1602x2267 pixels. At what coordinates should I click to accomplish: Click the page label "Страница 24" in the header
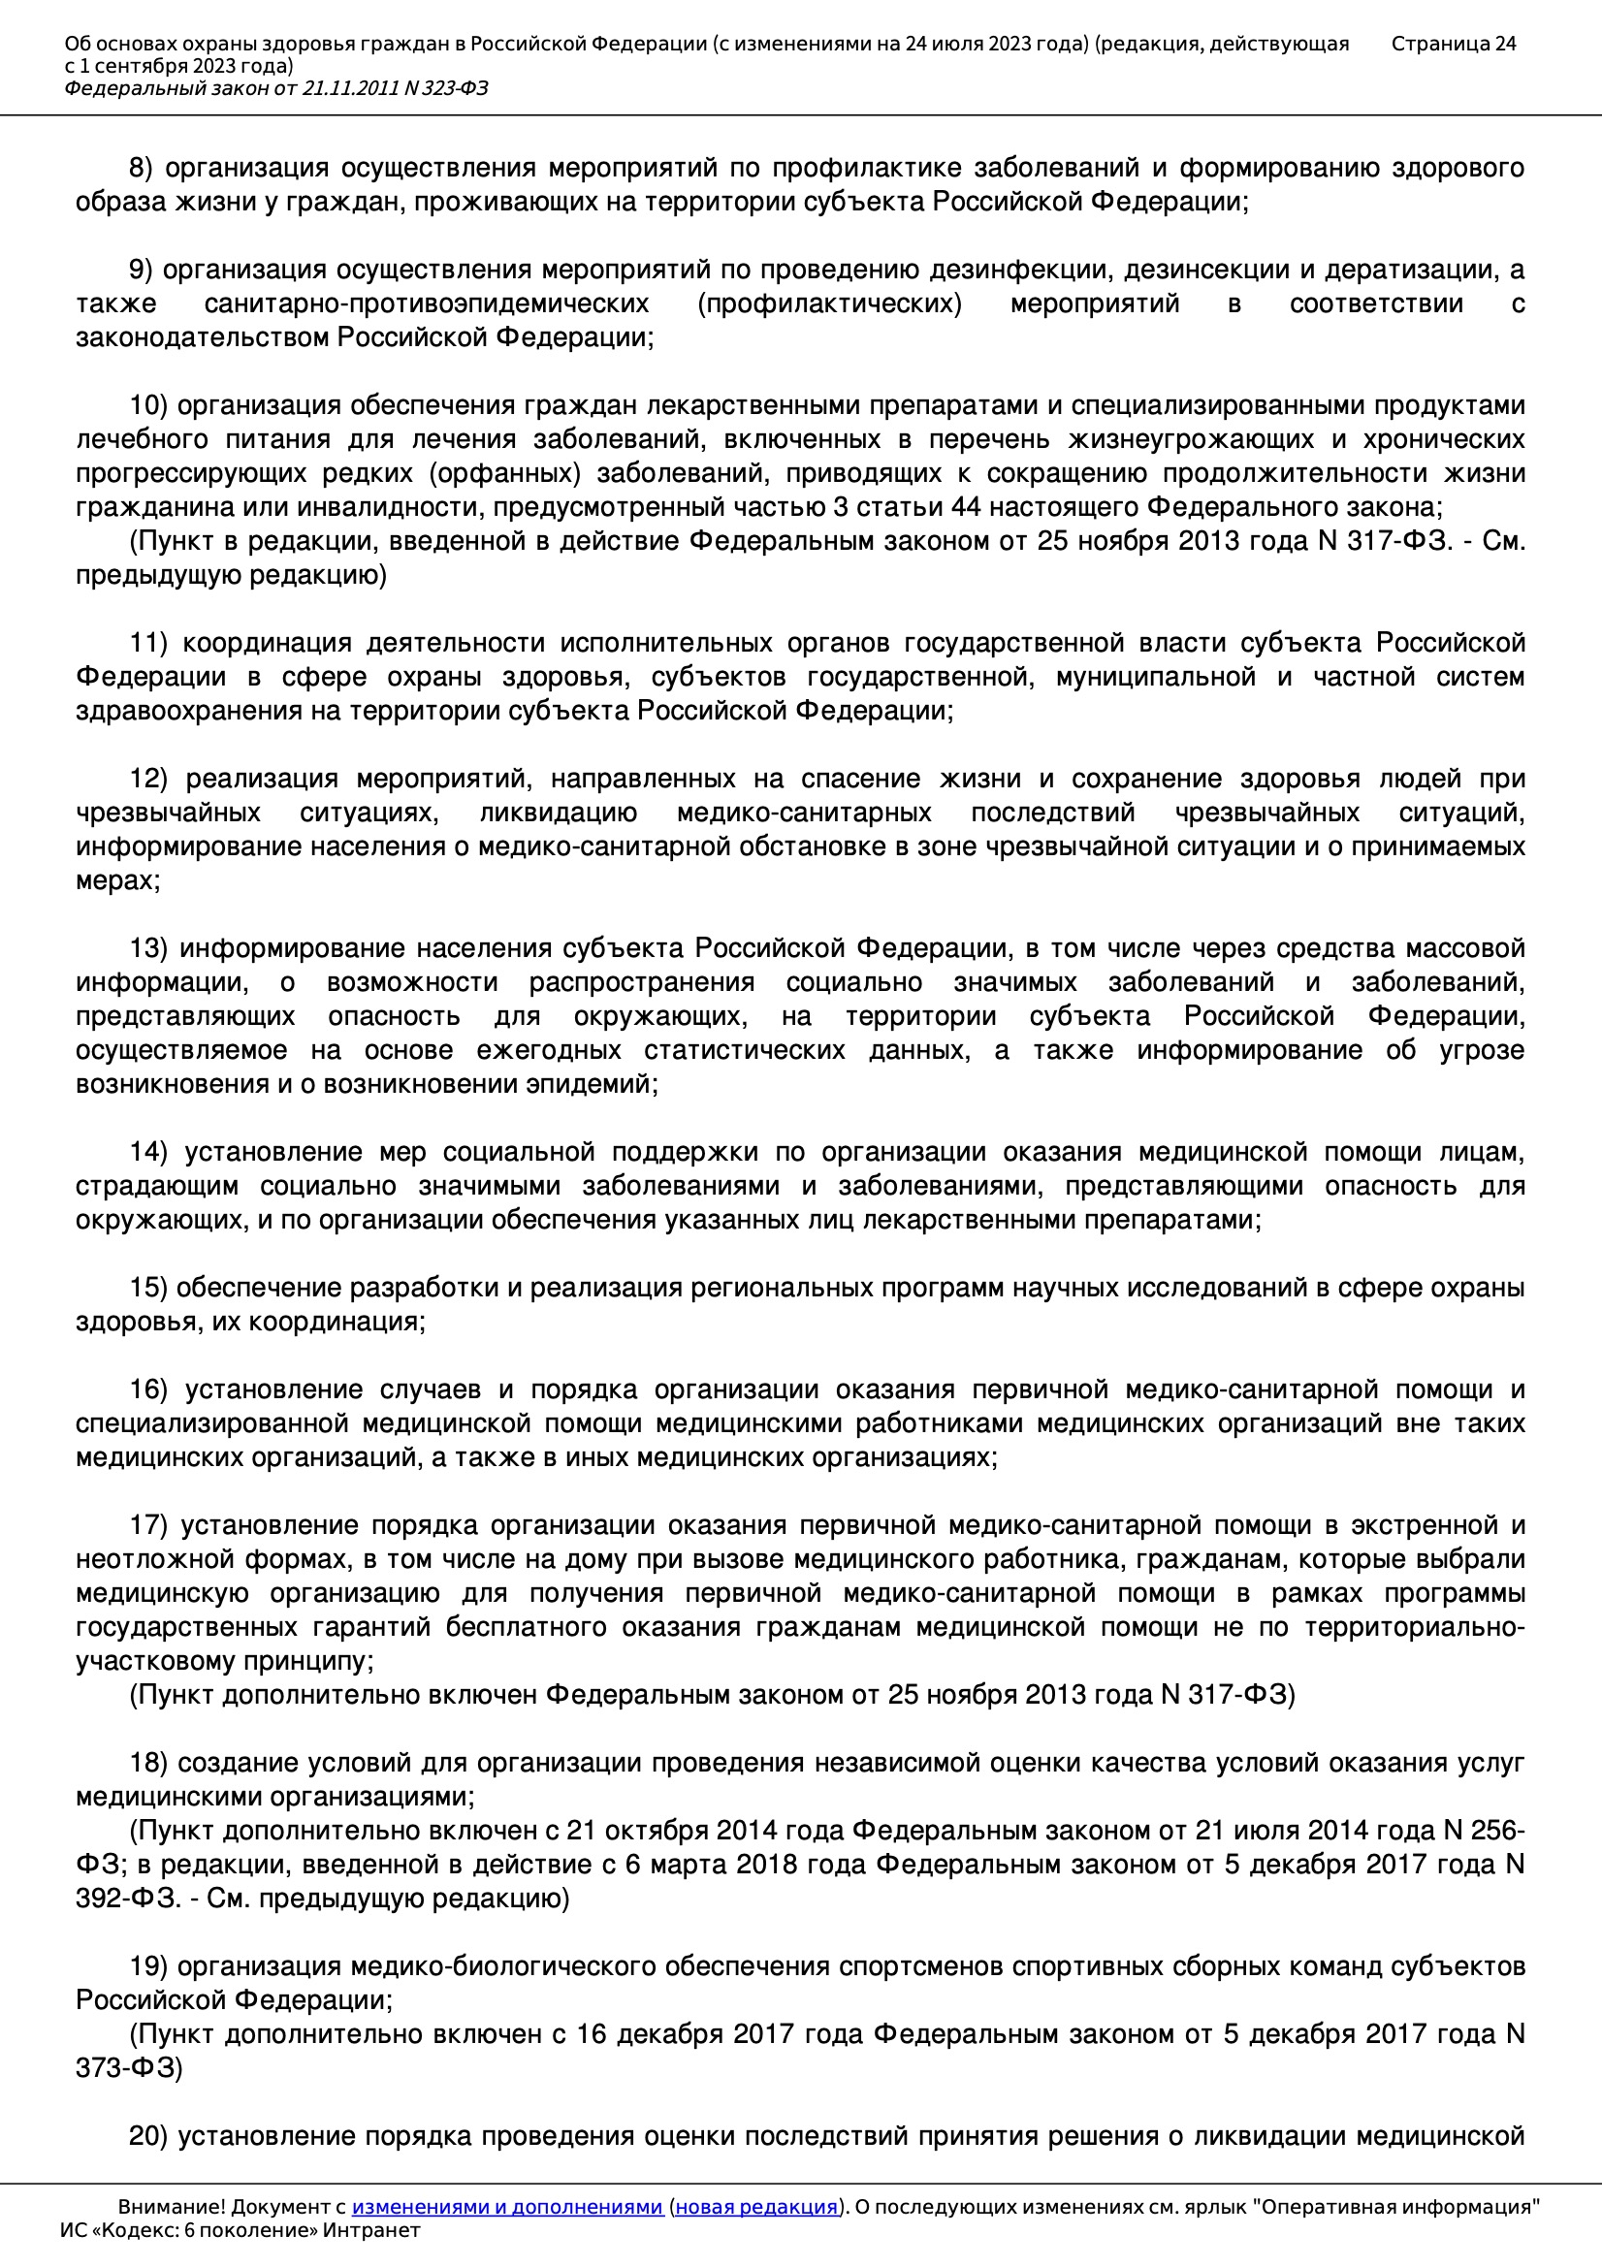pos(1453,44)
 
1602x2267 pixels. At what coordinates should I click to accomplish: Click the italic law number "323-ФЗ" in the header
pos(456,89)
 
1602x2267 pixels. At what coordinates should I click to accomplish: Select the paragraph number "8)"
pos(142,169)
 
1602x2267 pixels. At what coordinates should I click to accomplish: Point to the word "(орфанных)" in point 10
pos(504,474)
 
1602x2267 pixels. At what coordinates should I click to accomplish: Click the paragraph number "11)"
pos(148,643)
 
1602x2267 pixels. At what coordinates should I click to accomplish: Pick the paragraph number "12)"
pos(149,779)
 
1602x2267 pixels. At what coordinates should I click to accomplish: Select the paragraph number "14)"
pos(149,1152)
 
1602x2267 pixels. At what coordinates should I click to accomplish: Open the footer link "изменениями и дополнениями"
pos(506,2208)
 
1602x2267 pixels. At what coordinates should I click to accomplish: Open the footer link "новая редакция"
pos(755,2208)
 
